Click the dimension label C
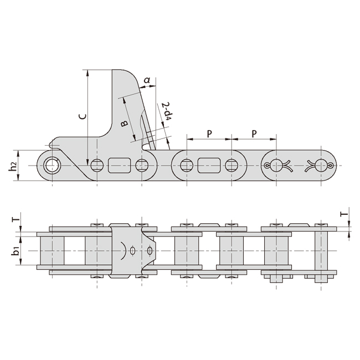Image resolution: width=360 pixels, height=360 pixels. coord(81,117)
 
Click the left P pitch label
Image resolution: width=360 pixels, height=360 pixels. coord(209,133)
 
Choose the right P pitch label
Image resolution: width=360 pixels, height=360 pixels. coord(254,133)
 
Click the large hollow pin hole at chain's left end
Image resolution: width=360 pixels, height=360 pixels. coord(53,165)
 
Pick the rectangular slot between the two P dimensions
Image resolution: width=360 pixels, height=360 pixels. coord(209,165)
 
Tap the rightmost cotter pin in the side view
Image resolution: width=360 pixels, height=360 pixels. coord(321,165)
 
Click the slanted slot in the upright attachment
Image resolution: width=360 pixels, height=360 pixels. coord(148,127)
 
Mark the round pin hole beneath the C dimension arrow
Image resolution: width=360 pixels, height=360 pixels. coord(97,165)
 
